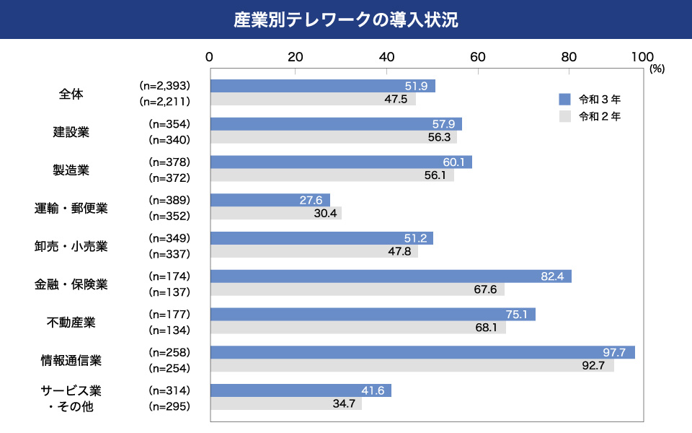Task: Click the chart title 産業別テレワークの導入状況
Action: click(x=346, y=19)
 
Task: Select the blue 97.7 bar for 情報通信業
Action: click(x=422, y=352)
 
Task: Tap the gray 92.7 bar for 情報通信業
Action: click(x=412, y=367)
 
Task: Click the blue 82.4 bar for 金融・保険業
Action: click(x=390, y=276)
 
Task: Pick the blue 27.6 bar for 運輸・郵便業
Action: click(x=270, y=200)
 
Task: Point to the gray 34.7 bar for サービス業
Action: click(x=285, y=404)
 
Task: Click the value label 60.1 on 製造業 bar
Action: click(x=453, y=162)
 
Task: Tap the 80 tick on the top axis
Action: click(x=569, y=58)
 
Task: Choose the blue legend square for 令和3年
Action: click(x=564, y=99)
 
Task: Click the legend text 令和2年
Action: click(x=599, y=115)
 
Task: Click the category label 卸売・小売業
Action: click(x=71, y=246)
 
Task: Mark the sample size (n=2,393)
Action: click(x=164, y=86)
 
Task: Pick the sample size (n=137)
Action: click(x=169, y=292)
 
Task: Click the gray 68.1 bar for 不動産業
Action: click(x=358, y=328)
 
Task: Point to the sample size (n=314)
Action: click(x=169, y=390)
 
